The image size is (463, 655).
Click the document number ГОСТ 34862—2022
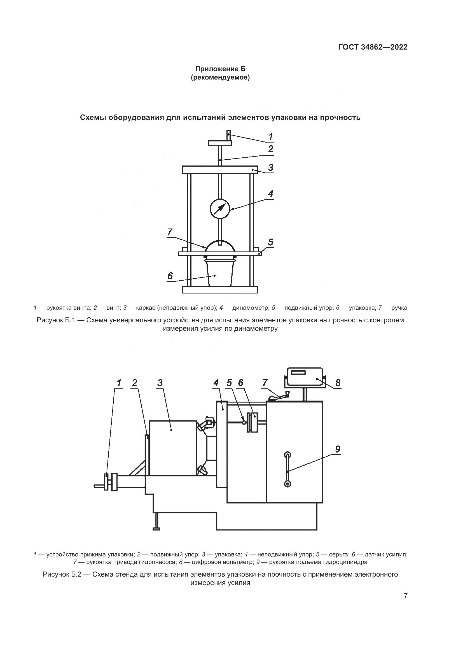373,47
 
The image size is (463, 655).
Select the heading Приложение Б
220,69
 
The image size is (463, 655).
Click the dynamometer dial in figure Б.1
220,209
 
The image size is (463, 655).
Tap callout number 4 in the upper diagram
271,194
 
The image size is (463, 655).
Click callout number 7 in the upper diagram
170,232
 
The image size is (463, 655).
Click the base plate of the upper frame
220,290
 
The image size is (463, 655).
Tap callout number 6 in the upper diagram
170,276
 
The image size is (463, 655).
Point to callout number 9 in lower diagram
338,449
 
